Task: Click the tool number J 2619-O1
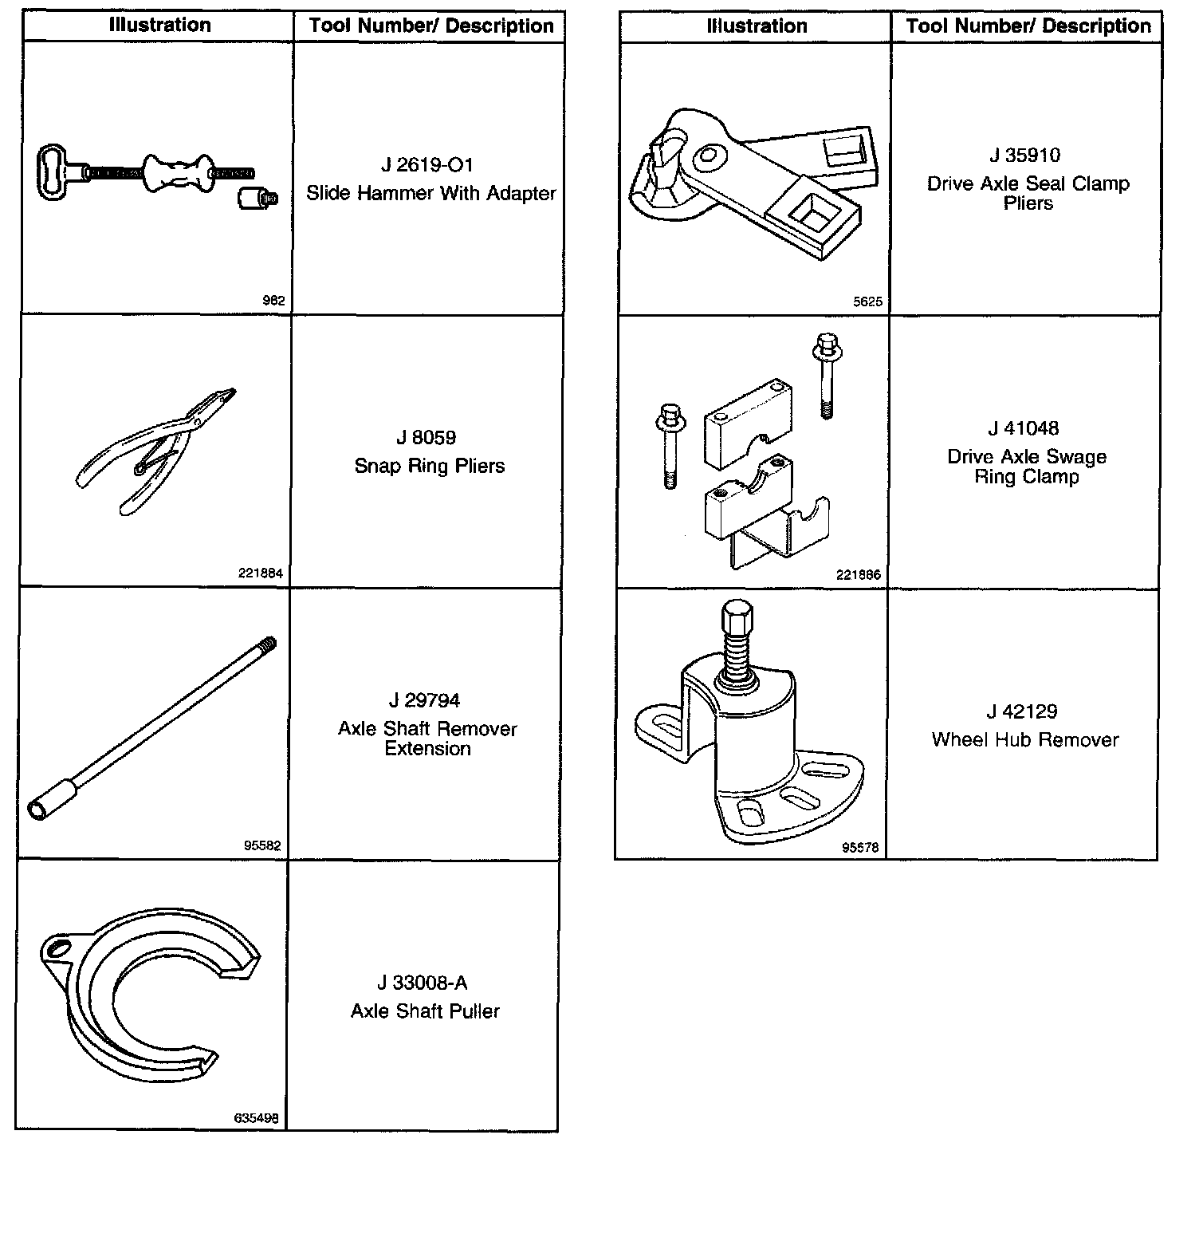427,165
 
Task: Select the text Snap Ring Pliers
429,466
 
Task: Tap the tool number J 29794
424,700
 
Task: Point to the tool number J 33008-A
424,983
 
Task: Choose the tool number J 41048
1024,428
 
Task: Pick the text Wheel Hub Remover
1024,739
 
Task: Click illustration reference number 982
273,301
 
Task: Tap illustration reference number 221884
260,573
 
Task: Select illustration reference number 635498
256,1118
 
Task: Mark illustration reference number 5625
867,301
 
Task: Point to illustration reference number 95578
859,848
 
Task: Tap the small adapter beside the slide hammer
257,197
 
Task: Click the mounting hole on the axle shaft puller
58,948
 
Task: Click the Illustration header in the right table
756,26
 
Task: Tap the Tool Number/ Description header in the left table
430,26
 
